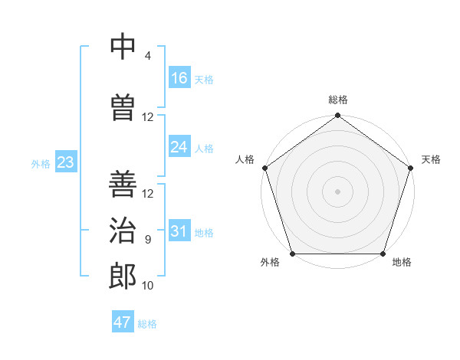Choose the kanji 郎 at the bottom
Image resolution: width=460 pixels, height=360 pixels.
click(125, 277)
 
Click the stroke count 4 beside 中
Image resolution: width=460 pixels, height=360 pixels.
click(147, 56)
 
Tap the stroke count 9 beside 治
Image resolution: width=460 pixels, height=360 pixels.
click(147, 240)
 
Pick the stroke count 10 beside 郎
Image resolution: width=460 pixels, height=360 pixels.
click(148, 286)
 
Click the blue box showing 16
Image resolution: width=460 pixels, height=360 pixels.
click(179, 78)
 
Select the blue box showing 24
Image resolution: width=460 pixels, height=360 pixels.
click(179, 147)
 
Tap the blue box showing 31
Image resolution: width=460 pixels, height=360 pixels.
click(179, 231)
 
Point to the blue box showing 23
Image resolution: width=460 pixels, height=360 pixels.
click(65, 162)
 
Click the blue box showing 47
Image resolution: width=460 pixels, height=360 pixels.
click(123, 322)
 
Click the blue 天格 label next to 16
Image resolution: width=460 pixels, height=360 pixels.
click(204, 79)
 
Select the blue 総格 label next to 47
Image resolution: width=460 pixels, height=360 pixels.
click(147, 323)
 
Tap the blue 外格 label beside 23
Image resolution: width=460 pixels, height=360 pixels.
click(41, 163)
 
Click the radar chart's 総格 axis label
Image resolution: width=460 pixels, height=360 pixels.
click(338, 100)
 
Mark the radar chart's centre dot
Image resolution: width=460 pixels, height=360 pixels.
click(337, 191)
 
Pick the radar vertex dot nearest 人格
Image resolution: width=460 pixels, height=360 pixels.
click(265, 167)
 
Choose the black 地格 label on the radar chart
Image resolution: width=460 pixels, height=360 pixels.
click(402, 262)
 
